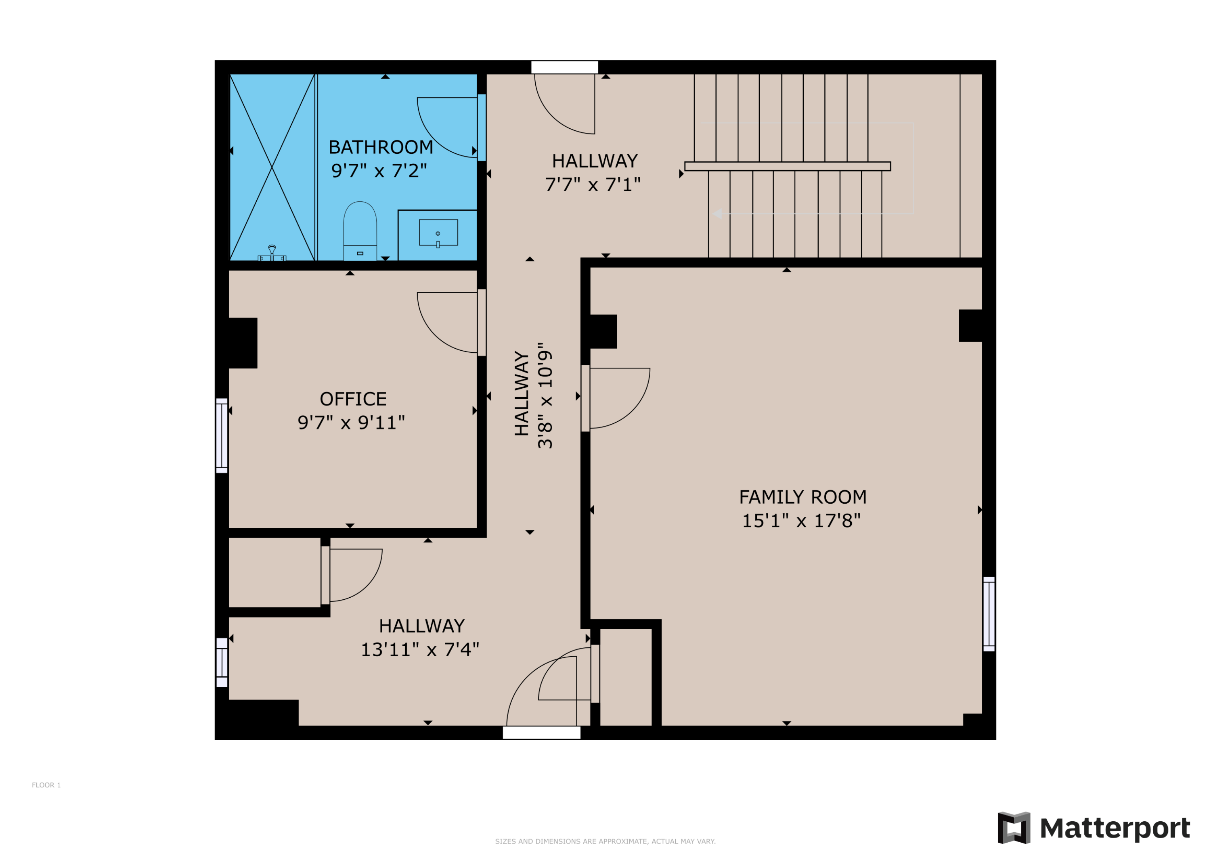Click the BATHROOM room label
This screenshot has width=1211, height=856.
(x=380, y=147)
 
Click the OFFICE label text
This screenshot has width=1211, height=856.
(x=353, y=399)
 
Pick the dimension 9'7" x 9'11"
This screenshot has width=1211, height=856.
(x=351, y=423)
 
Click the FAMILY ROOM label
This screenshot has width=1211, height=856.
(x=802, y=497)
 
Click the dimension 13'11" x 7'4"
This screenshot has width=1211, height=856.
(x=420, y=650)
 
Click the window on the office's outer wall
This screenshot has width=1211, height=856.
(x=222, y=435)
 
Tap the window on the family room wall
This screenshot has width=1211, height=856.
(x=989, y=614)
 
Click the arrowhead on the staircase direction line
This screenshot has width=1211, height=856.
(x=717, y=213)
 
